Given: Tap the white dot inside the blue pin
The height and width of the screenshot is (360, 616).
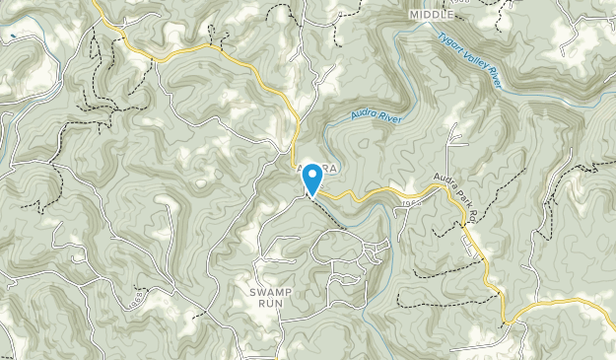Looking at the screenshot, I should (312, 175).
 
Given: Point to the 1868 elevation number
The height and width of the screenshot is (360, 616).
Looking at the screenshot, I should (137, 297).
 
